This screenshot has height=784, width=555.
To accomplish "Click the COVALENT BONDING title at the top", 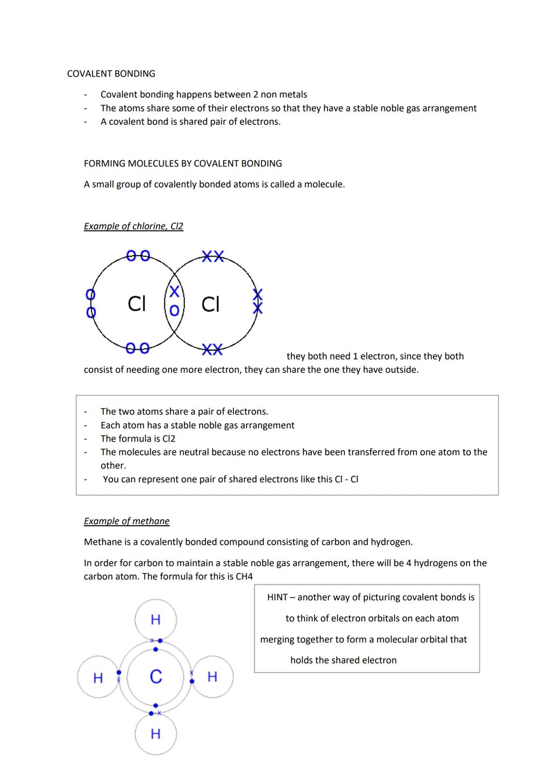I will point(111,73).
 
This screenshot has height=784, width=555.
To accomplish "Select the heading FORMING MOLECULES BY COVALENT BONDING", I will point(183,163).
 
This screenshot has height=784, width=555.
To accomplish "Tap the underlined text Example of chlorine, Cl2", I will point(134,226).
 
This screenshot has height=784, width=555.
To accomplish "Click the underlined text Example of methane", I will point(126,521).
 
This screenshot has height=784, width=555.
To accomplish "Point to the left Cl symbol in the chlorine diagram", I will point(137,303).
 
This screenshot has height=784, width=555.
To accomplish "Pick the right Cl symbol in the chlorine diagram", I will point(210,304).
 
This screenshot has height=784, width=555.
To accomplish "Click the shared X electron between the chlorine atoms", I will point(175,292).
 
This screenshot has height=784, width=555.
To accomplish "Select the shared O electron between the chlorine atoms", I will point(175,310).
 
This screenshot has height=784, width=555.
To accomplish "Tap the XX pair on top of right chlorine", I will point(213,256).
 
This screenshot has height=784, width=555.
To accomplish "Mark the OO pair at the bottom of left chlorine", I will point(138,348).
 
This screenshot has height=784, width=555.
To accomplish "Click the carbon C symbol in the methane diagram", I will point(156,677).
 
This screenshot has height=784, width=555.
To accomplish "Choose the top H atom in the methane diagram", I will point(156,620).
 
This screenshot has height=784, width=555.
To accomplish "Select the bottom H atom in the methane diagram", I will point(156,734).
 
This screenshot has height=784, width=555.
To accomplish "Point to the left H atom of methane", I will point(98,678).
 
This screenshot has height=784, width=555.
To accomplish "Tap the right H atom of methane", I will point(212,677).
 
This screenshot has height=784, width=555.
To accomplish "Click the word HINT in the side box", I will point(277,597).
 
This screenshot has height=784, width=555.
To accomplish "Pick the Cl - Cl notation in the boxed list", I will point(346,479).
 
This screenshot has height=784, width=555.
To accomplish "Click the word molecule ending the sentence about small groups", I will point(324,184).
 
